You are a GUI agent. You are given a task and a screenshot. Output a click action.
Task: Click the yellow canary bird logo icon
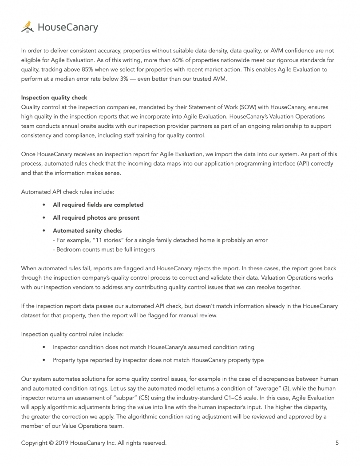pyautogui.click(x=27, y=27)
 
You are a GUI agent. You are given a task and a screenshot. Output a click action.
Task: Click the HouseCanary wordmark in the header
pyautogui.click(x=67, y=28)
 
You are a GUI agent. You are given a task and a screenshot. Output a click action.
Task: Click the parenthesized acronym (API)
pyautogui.click(x=277, y=164)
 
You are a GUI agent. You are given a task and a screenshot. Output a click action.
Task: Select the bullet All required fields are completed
pyautogui.click(x=98, y=205)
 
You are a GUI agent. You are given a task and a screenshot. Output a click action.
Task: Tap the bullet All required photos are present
pyautogui.click(x=96, y=217)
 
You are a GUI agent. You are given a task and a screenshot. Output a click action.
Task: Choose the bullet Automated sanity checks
pyautogui.click(x=87, y=230)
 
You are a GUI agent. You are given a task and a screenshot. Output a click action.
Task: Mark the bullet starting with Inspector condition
pyautogui.click(x=153, y=347)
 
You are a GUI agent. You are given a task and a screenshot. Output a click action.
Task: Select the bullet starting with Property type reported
pyautogui.click(x=158, y=360)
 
